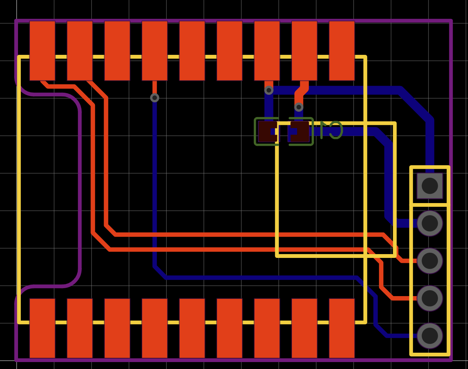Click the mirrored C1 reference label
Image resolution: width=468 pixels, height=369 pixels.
coord(331,130)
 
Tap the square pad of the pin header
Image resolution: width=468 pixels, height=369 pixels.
coord(430,186)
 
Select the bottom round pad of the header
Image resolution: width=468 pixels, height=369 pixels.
coord(430,336)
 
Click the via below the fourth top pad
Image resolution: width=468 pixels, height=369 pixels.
coord(155,98)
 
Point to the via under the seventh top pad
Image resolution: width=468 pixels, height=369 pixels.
coord(269,90)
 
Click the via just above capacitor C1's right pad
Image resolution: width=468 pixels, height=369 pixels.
coord(299,107)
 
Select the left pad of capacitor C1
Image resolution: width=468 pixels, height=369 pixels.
coord(268,132)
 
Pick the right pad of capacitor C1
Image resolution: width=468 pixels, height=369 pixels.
coord(300,132)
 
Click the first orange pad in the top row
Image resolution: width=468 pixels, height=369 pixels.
coord(42,51)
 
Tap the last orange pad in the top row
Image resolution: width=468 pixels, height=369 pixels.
coord(342,51)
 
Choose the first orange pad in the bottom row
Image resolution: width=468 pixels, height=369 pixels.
coord(42,328)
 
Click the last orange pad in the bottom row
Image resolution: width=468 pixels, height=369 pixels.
coord(342,328)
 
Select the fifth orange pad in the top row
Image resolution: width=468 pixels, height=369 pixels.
coord(192,51)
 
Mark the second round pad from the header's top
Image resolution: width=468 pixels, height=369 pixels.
coord(430,261)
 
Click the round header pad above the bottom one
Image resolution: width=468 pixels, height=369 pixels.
coord(430,298)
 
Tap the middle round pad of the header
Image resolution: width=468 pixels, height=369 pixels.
coord(430,261)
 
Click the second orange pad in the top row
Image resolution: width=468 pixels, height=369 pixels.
coord(80,51)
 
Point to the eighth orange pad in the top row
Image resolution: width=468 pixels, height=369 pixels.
coord(304,51)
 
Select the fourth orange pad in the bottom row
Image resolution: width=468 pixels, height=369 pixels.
coord(155,328)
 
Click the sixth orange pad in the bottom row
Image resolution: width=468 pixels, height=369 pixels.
coord(229,328)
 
